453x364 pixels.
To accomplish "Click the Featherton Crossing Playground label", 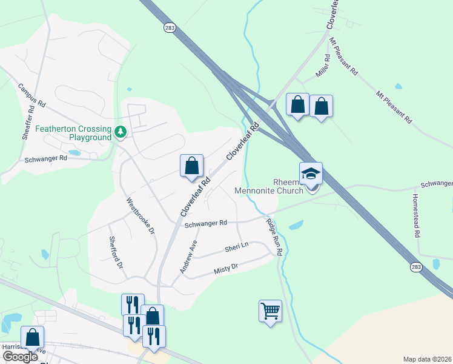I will click(73, 133).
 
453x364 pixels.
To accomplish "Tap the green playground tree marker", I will click(121, 131).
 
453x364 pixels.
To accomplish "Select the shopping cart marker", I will click(270, 312).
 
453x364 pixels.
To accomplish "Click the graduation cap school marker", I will click(311, 174).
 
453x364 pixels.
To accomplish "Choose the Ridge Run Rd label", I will click(274, 236).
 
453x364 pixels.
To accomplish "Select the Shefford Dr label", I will click(114, 253).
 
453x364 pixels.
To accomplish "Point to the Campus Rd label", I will click(32, 95).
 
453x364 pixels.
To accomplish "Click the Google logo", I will click(21, 356).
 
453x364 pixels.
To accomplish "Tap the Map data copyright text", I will click(428, 359).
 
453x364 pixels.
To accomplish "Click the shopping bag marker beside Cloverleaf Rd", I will click(191, 166).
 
